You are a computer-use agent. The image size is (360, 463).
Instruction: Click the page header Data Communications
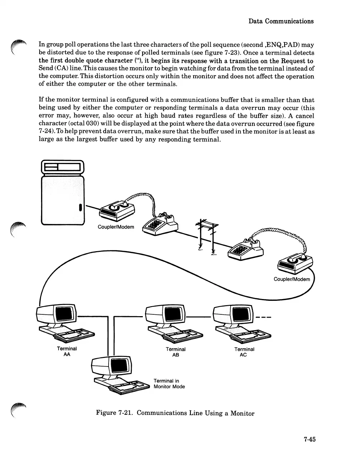(x=281, y=21)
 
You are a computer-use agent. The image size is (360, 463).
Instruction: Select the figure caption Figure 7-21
(x=175, y=413)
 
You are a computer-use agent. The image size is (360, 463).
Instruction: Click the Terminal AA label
(x=67, y=352)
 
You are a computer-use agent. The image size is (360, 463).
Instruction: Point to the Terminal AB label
(x=175, y=352)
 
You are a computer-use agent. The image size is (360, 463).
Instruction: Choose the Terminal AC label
(x=244, y=352)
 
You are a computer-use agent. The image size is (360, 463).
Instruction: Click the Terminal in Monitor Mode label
(x=169, y=384)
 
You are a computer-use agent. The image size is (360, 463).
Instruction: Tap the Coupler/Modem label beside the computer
(x=116, y=227)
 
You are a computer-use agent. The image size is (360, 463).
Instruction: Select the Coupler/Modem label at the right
(x=291, y=279)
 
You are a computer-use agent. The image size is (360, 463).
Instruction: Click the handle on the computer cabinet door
(x=81, y=207)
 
